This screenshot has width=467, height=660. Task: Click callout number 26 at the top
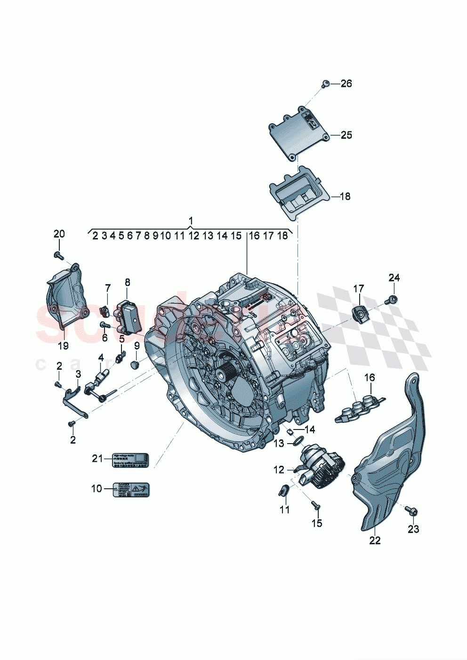(346, 84)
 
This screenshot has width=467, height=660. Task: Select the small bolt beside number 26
(324, 85)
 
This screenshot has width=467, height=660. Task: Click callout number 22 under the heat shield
(375, 541)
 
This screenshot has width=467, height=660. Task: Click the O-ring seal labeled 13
(297, 441)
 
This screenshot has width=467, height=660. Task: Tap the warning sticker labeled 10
(131, 490)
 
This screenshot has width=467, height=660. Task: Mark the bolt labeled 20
(58, 255)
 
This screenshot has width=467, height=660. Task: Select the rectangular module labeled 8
(130, 316)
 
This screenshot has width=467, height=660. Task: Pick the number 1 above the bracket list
(191, 221)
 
